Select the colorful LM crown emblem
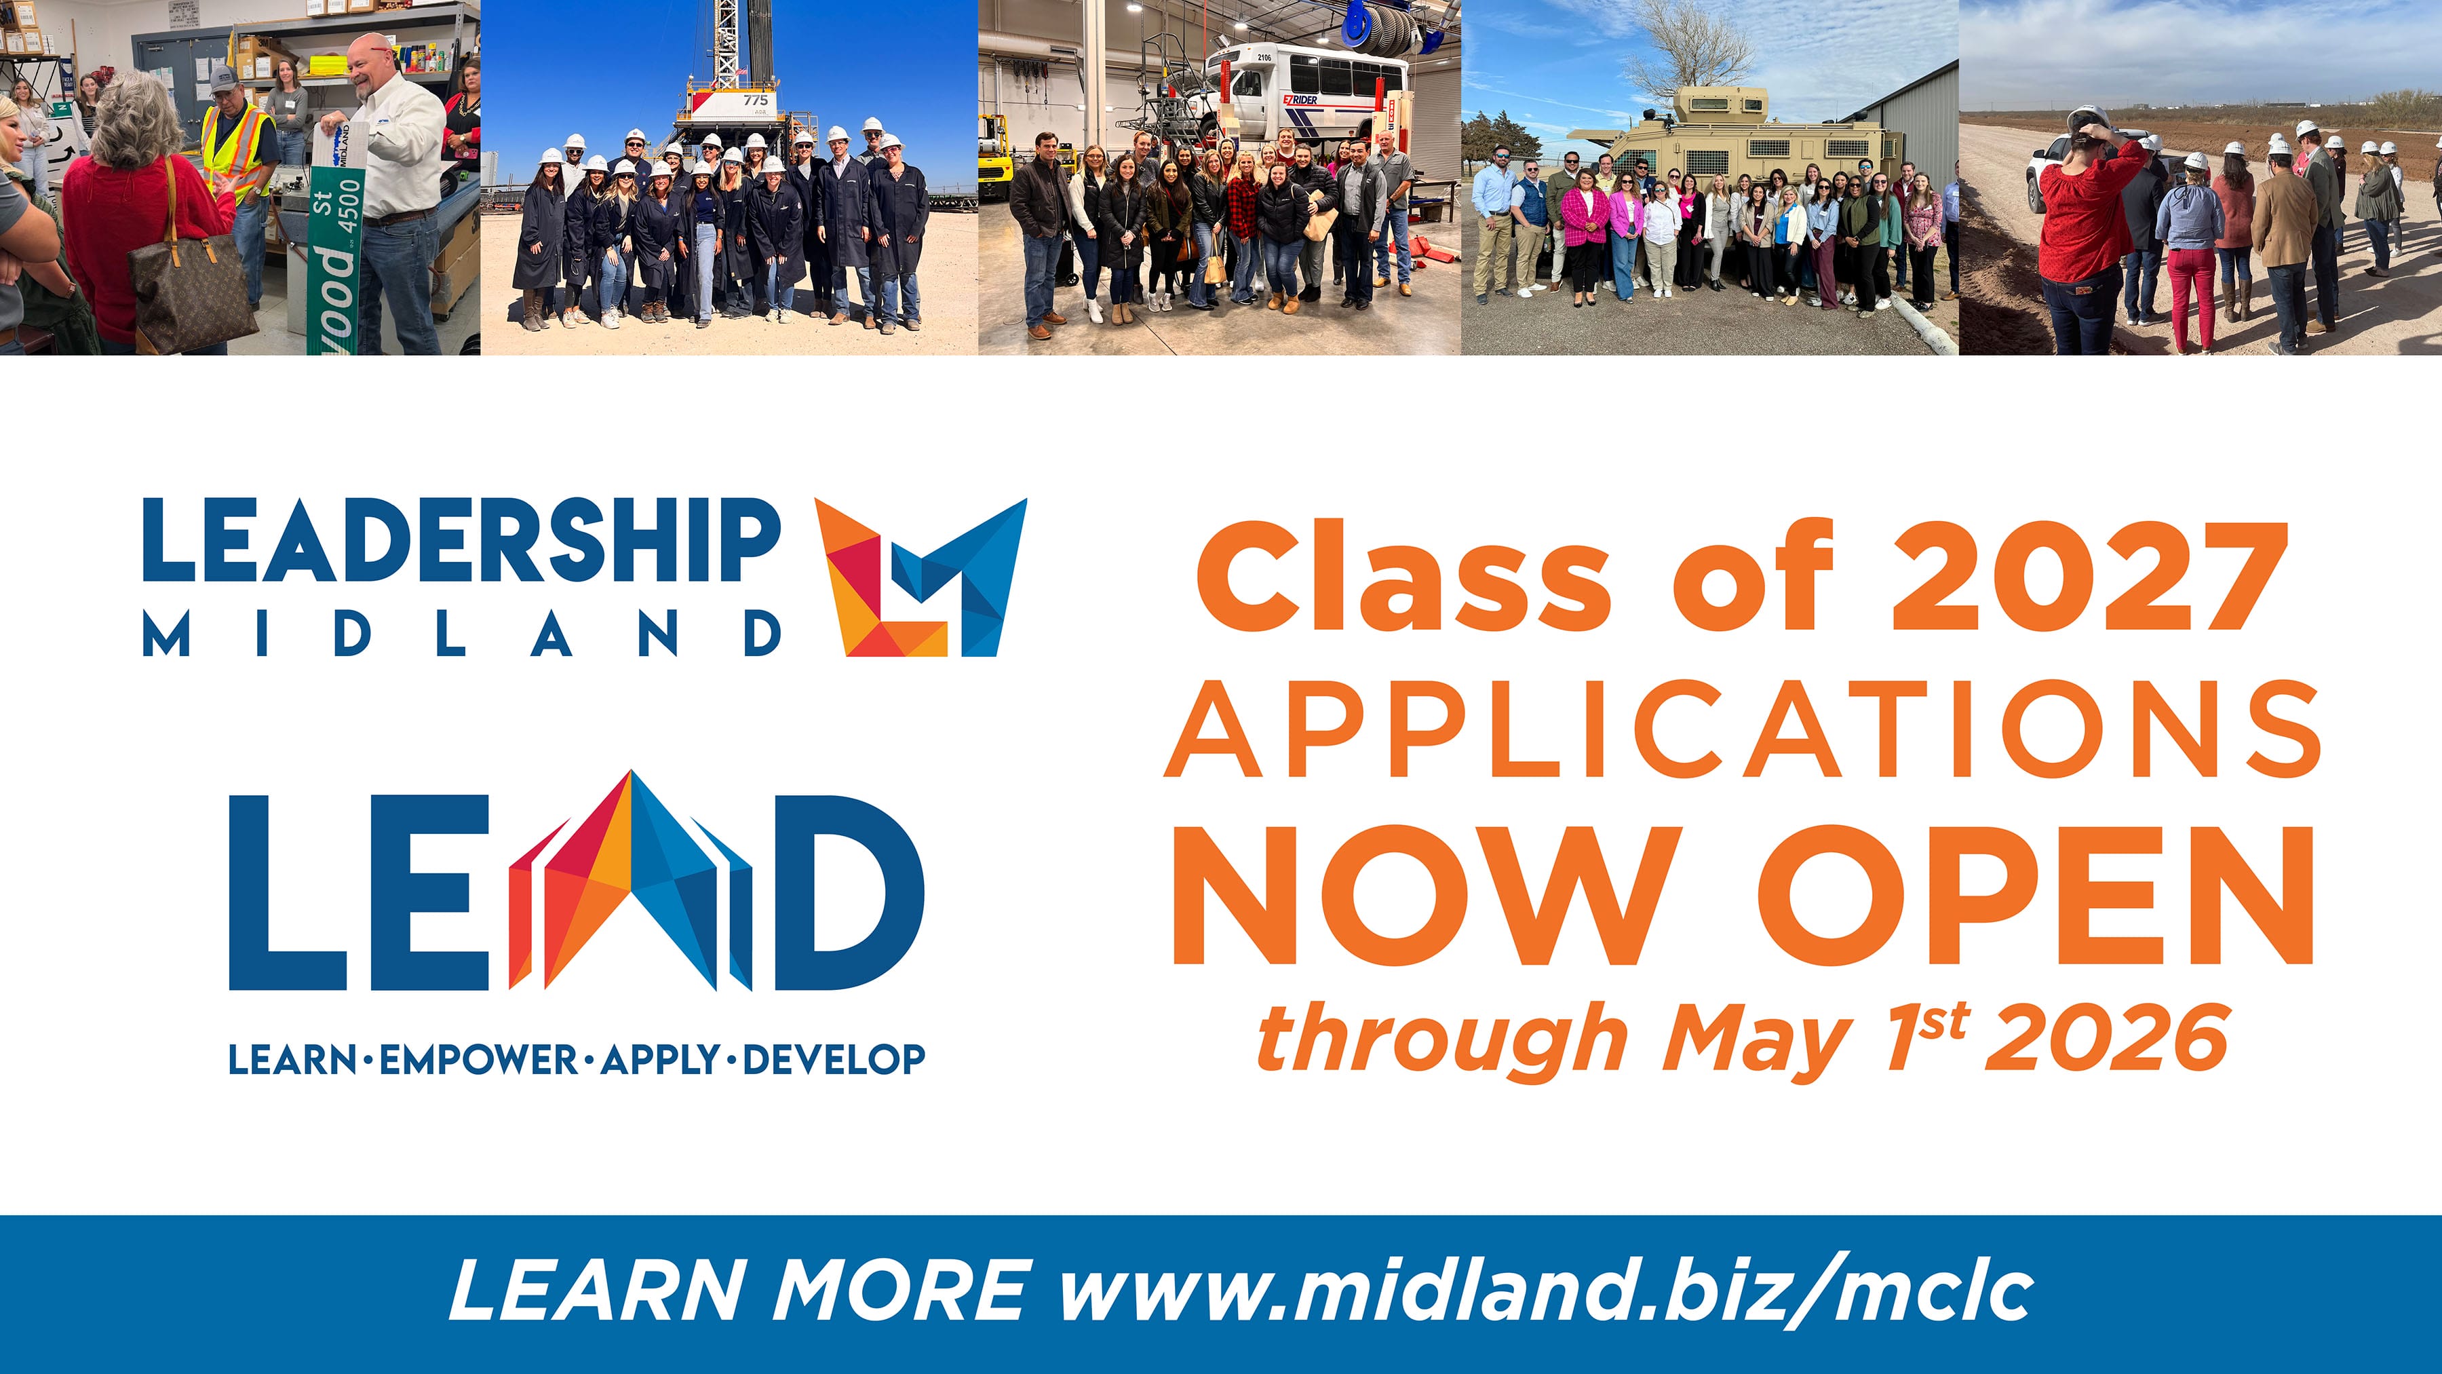(x=920, y=577)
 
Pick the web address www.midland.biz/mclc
(x=1546, y=1290)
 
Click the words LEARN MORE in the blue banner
(x=740, y=1291)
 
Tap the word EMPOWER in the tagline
(x=479, y=1059)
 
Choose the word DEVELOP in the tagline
(x=834, y=1059)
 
